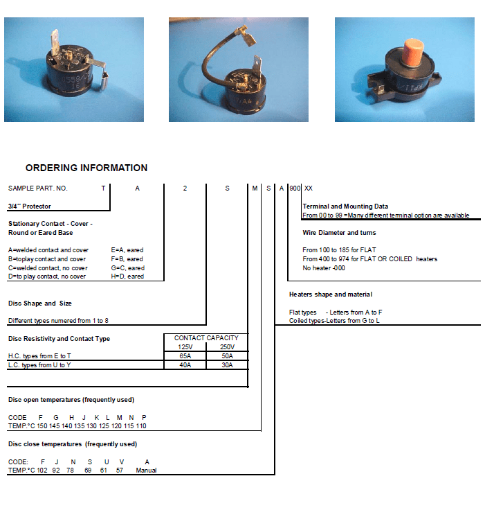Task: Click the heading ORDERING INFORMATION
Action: (86, 168)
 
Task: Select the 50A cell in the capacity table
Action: (227, 355)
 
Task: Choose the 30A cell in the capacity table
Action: (227, 364)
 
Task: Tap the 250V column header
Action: (227, 346)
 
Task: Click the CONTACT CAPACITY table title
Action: (205, 338)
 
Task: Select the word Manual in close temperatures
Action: (146, 470)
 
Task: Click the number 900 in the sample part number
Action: (295, 188)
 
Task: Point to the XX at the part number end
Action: (309, 188)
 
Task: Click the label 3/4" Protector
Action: (29, 206)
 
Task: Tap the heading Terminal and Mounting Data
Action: (345, 206)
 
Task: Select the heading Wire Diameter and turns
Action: (339, 233)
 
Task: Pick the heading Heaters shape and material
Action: (330, 294)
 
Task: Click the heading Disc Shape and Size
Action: (39, 304)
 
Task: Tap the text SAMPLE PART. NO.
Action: (37, 188)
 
